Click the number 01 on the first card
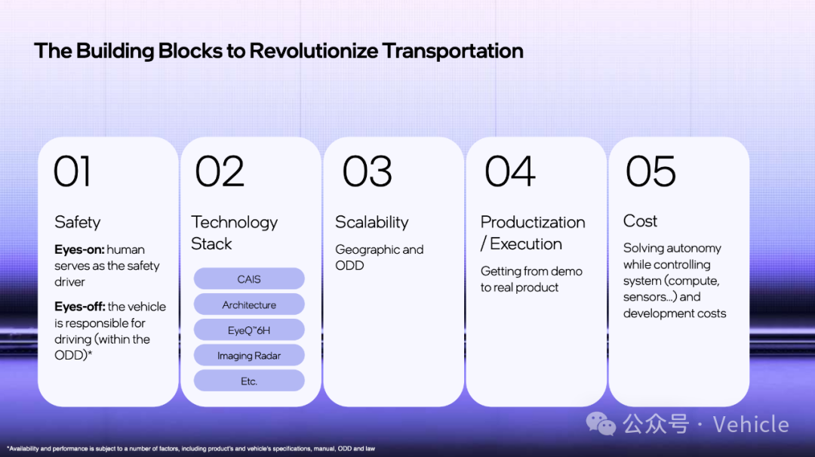tap(72, 171)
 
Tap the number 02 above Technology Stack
tap(220, 171)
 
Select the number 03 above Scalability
tap(367, 171)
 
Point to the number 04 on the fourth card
tap(509, 171)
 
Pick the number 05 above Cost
tap(650, 171)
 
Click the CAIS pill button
tap(249, 279)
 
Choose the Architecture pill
tap(249, 304)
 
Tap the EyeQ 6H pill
tap(249, 330)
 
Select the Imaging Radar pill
tap(249, 356)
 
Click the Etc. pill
tap(249, 381)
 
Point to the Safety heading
tap(78, 222)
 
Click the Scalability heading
tap(371, 222)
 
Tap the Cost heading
tap(640, 221)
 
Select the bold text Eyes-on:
tap(79, 249)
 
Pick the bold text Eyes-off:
tap(80, 307)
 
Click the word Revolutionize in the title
tap(313, 51)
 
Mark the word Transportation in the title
tap(452, 51)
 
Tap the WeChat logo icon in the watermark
tap(601, 424)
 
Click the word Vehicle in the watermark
tap(751, 425)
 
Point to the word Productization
tap(533, 222)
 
